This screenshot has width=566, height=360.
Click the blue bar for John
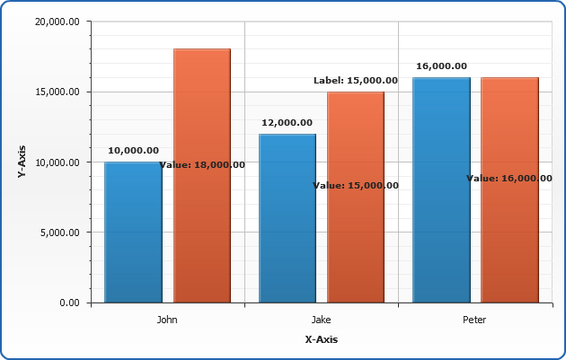tap(133, 233)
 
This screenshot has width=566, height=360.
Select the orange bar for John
tap(202, 108)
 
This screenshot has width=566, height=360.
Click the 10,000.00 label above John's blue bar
tap(133, 151)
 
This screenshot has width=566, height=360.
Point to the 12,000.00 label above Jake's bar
tap(287, 123)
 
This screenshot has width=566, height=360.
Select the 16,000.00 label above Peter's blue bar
tap(441, 66)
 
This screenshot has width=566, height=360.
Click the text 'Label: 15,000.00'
tap(355, 81)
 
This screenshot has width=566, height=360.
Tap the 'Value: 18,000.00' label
tap(202, 165)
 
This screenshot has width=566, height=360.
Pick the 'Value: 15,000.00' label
tap(356, 186)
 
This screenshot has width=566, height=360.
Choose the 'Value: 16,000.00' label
tap(509, 179)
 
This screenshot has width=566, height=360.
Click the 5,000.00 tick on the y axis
tap(58, 233)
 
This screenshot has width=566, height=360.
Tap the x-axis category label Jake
tap(321, 319)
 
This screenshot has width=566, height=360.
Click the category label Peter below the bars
tap(475, 319)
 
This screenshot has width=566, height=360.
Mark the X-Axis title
tap(321, 339)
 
